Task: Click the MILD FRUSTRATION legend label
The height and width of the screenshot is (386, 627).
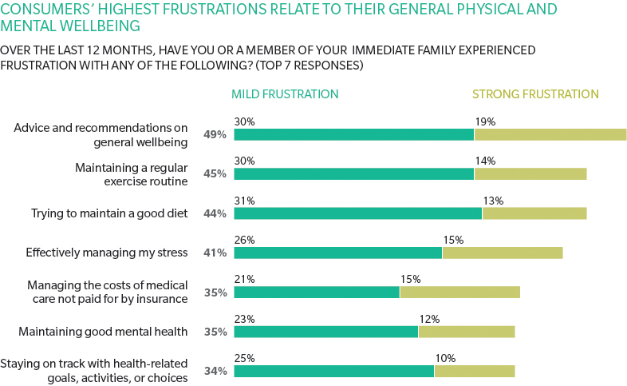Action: click(285, 94)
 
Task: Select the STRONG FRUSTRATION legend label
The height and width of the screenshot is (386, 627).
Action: click(535, 94)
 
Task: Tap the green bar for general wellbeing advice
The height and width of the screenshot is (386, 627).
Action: click(353, 134)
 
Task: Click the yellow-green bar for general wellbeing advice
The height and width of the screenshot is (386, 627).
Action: click(550, 134)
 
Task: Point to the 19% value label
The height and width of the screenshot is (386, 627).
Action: click(485, 122)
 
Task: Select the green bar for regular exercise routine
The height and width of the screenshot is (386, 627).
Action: click(353, 173)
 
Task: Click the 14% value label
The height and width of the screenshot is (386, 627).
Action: click(485, 161)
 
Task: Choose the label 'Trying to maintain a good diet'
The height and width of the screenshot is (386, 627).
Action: click(109, 213)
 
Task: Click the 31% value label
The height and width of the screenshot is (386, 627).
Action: click(244, 201)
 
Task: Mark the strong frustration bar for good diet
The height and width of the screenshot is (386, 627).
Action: click(534, 213)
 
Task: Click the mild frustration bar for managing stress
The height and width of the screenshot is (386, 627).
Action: click(337, 253)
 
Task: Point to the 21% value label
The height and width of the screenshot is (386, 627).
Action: click(244, 280)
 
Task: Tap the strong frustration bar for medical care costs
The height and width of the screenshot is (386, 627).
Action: click(459, 292)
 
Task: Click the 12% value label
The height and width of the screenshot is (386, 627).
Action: click(429, 319)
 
